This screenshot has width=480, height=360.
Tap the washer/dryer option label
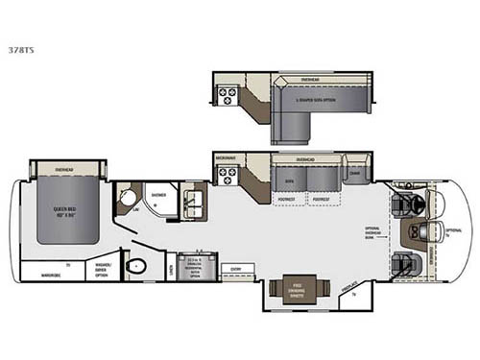104,270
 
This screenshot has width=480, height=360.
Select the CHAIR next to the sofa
355,174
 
